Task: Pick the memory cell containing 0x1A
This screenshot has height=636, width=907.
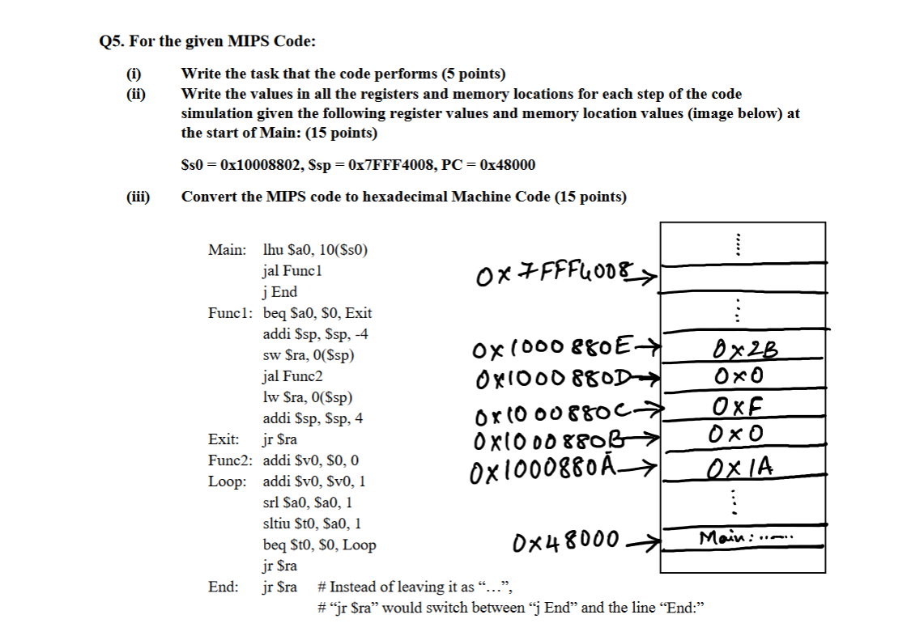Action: (743, 466)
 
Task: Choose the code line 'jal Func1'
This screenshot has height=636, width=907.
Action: (292, 270)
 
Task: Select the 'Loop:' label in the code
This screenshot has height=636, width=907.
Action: (228, 481)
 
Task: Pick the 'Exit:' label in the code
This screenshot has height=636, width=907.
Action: (224, 439)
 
